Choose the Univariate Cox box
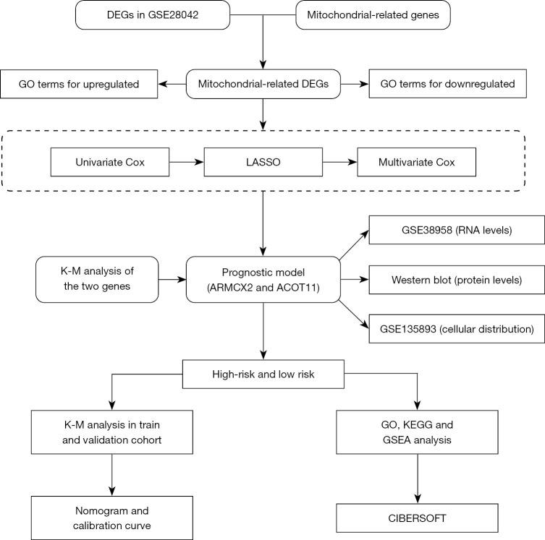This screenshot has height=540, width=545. click(x=110, y=162)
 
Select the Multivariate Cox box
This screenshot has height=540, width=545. click(x=417, y=162)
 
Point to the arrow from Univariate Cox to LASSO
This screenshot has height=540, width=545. click(x=186, y=162)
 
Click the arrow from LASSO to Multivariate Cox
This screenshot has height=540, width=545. click(x=341, y=162)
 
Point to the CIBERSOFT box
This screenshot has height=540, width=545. click(x=418, y=516)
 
